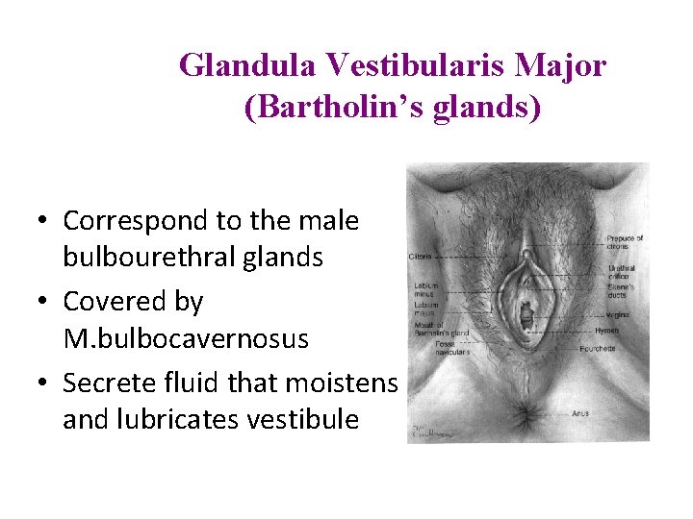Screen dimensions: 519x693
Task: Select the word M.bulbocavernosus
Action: [x=186, y=339]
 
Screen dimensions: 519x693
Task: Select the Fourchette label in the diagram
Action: [x=624, y=348]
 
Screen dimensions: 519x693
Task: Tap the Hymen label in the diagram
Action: [x=619, y=330]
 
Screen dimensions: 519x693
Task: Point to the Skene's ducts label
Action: [x=623, y=290]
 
